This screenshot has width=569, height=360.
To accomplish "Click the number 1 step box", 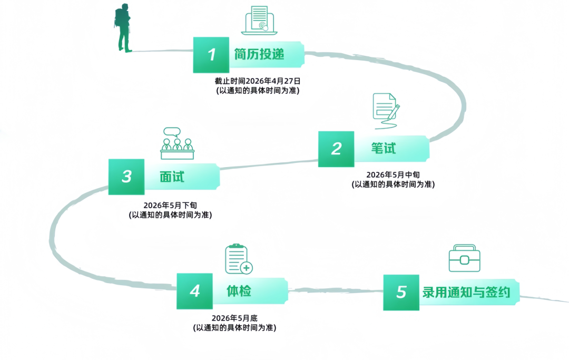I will point(211,54).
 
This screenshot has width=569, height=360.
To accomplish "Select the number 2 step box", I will point(336,149).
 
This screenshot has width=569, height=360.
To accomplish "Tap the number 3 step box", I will point(126,177).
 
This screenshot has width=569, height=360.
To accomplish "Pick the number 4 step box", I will point(195,291).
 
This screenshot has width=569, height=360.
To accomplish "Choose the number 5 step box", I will point(401,292).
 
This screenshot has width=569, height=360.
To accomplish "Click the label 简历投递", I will point(259,54).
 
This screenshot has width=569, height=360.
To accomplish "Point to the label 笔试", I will point(383,149).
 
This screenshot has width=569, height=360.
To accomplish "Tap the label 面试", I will point(172,177).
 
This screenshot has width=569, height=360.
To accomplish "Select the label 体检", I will point(239,291).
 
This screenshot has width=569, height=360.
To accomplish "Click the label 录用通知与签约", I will point(466,292).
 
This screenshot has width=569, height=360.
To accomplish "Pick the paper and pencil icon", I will point(386,110).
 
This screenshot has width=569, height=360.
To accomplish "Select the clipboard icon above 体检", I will point(238,259).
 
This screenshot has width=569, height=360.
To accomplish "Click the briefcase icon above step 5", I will point(464,258).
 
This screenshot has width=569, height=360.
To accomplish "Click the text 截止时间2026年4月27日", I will point(257,81).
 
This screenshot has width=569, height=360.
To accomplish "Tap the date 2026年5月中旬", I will point(393,174).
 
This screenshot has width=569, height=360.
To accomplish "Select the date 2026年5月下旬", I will point(170,206).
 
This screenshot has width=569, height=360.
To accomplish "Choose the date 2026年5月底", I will point(234,318).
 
